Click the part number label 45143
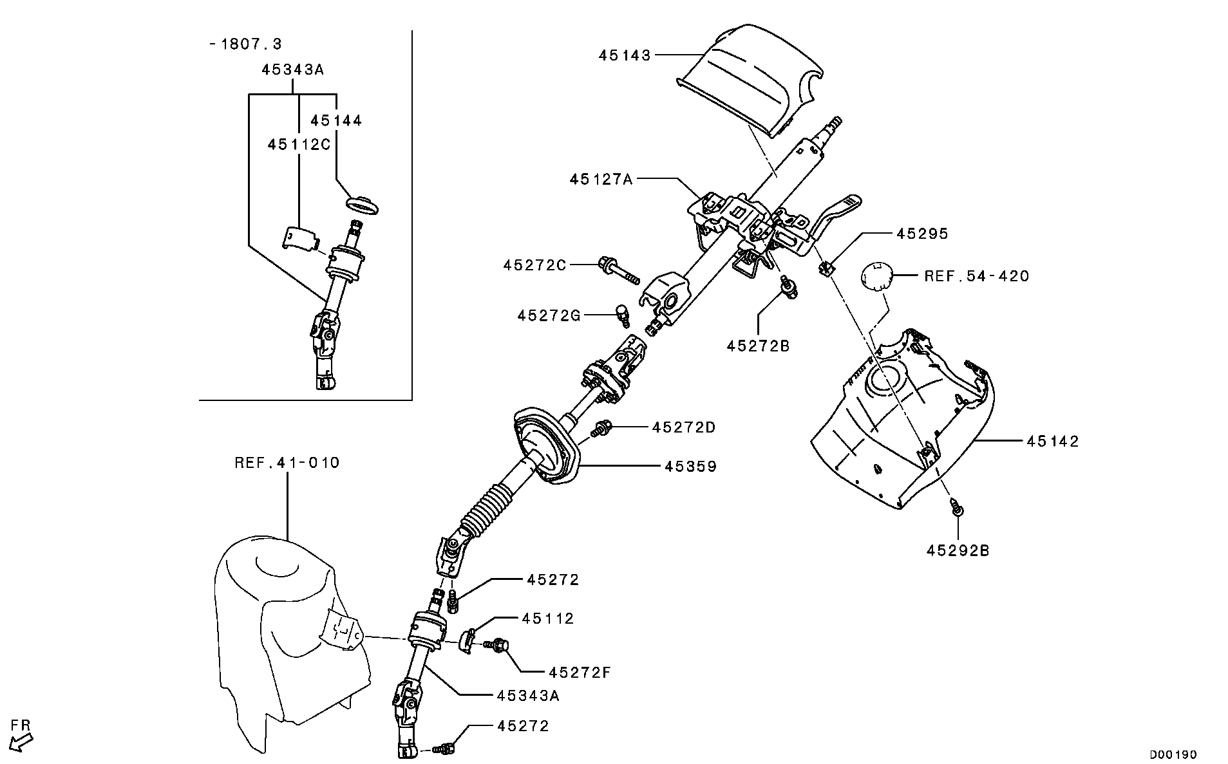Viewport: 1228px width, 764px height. [x=624, y=56]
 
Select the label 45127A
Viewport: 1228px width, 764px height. [x=600, y=179]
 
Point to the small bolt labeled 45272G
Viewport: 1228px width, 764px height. [x=623, y=315]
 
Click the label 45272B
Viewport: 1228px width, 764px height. [x=757, y=346]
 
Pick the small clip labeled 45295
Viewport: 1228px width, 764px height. [x=827, y=266]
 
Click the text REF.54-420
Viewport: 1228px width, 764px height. [x=976, y=277]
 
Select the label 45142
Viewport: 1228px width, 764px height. [x=1052, y=442]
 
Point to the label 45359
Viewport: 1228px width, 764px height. [x=690, y=466]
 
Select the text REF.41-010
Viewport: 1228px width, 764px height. [x=287, y=462]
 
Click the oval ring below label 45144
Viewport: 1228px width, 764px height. [x=363, y=204]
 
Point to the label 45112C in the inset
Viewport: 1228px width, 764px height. [x=299, y=144]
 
